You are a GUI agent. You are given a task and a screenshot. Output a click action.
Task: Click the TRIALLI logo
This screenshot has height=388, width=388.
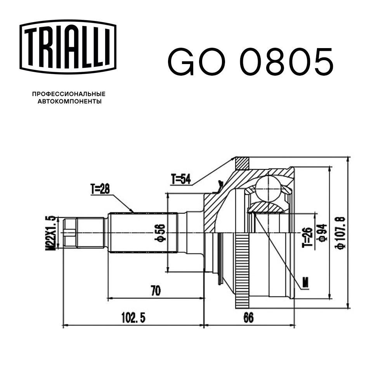click(x=68, y=47)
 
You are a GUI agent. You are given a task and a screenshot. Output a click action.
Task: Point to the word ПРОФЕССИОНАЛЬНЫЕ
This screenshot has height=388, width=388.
click(x=69, y=94)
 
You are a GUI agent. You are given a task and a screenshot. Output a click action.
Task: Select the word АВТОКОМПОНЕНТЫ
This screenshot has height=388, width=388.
click(x=69, y=101)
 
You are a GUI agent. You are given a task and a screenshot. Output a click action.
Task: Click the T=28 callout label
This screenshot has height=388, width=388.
click(x=100, y=189)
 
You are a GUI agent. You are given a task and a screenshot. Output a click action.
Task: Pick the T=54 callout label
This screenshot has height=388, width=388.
click(x=181, y=179)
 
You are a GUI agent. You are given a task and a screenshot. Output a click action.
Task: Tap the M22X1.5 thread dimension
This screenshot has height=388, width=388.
click(x=50, y=233)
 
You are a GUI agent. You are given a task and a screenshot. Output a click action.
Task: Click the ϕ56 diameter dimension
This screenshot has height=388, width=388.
click(x=160, y=233)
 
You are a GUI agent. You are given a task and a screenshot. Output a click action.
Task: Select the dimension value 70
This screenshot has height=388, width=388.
click(x=156, y=291)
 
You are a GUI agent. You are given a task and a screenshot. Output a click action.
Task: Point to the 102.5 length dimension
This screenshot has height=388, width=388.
click(x=133, y=318)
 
